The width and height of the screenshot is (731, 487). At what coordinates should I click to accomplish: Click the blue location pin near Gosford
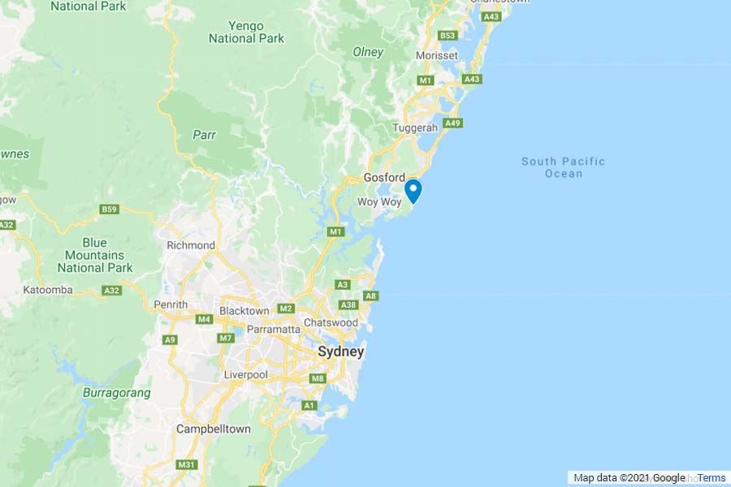(x=413, y=190)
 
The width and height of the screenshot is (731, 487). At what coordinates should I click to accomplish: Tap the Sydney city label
(x=340, y=351)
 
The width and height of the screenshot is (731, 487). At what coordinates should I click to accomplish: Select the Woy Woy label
(x=380, y=201)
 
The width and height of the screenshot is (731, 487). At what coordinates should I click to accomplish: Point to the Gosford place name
(x=384, y=178)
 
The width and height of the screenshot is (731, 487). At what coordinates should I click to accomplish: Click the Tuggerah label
(x=415, y=128)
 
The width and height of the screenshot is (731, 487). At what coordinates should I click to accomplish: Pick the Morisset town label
(x=437, y=55)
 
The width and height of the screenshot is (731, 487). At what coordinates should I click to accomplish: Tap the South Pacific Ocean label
(x=563, y=167)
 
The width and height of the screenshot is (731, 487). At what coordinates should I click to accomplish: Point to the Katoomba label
(x=48, y=290)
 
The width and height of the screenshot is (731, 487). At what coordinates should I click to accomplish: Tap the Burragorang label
(x=117, y=393)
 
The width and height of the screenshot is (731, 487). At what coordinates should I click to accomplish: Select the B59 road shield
(x=110, y=209)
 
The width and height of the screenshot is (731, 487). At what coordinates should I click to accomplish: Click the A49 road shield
(x=453, y=123)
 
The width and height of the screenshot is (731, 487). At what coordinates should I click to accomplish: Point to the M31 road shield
(x=187, y=464)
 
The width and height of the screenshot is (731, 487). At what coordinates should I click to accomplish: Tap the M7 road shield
(x=227, y=338)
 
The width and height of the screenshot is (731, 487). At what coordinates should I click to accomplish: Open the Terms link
(x=712, y=478)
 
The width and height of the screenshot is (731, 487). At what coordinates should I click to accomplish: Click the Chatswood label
(x=331, y=323)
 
